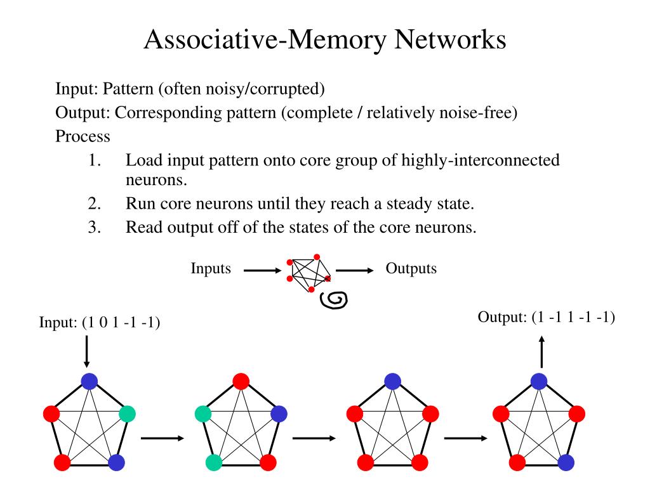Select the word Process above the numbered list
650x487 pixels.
tap(83, 136)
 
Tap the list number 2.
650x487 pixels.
tap(95, 204)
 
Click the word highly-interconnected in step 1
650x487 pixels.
tap(480, 160)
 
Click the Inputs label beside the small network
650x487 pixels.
tap(211, 268)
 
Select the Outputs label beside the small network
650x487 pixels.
tap(411, 268)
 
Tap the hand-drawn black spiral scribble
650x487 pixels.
tap(334, 300)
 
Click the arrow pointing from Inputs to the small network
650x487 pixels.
tap(262, 271)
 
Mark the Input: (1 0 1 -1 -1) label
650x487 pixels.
tap(100, 323)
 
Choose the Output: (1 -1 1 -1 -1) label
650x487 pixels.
tap(547, 317)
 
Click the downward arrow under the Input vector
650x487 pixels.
tap(87, 352)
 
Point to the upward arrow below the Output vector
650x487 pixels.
tap(541, 352)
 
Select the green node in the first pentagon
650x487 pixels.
tap(127, 414)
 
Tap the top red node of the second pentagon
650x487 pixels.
tap(241, 380)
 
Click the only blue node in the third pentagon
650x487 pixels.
tap(392, 381)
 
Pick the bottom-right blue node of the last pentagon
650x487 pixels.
tap(566, 462)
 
